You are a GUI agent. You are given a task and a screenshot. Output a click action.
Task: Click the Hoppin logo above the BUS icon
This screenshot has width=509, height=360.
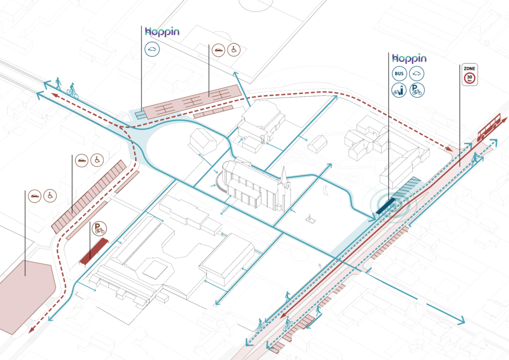[409, 58]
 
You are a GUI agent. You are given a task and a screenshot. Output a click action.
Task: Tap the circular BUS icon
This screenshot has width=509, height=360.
[400, 74]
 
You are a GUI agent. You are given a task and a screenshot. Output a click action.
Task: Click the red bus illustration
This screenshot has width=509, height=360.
[488, 128]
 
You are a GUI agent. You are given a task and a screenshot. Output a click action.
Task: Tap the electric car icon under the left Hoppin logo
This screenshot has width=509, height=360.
[152, 49]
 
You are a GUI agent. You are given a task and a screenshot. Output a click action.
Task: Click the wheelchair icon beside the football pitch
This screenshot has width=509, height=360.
[234, 50]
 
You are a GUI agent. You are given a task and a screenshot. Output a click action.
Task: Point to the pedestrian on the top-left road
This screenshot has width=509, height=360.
[59, 83]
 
